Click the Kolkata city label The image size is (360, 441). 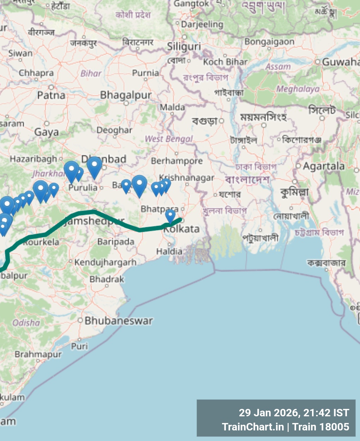point(182,229)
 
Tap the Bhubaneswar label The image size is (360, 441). point(119,321)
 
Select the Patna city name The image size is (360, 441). point(51,95)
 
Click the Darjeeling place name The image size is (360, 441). point(202,24)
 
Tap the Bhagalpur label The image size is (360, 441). point(126,95)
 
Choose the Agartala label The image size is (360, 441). point(324,166)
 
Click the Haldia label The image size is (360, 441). point(169,252)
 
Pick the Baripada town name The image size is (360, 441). point(116,242)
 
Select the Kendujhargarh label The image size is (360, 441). point(105,262)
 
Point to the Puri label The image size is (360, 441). point(79,346)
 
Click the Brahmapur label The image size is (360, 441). point(38,354)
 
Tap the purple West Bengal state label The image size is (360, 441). point(169,139)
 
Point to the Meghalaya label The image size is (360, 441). point(298,89)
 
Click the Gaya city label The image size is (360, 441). point(47,132)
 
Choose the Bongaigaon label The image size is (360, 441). point(269,42)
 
